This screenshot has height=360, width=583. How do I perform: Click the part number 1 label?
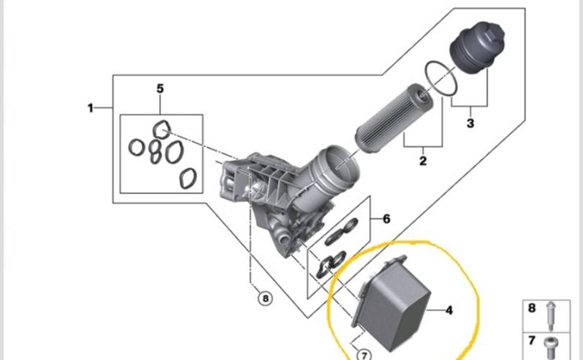[x=91, y=108]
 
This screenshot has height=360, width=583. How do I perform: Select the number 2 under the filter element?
[x=423, y=160]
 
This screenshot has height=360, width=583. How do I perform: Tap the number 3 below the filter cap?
[x=471, y=123]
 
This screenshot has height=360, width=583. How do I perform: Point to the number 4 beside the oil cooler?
[x=448, y=311]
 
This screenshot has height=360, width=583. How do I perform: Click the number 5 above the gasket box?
[x=160, y=89]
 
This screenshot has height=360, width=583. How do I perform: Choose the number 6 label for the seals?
[x=387, y=219]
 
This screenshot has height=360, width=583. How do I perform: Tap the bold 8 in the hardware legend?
[x=533, y=308]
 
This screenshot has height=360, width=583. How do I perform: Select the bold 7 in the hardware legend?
[x=533, y=340]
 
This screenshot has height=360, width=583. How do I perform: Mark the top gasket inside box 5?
[x=164, y=130]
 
